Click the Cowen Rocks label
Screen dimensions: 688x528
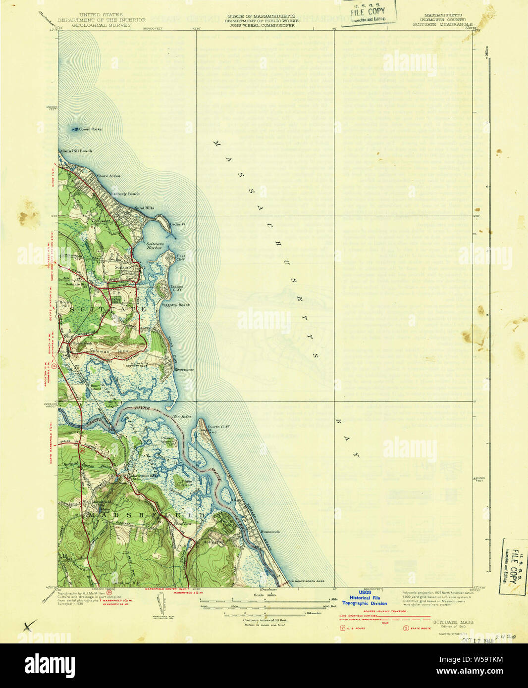[x=90, y=129]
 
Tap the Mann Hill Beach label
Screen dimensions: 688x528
[x=76, y=151]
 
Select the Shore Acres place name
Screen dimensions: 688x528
[x=108, y=176]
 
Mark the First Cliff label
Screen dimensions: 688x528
[x=181, y=257]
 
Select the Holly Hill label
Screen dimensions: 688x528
[x=213, y=542]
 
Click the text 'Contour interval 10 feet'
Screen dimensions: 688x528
[x=264, y=620]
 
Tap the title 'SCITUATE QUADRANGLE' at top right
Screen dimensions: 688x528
[x=442, y=24]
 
